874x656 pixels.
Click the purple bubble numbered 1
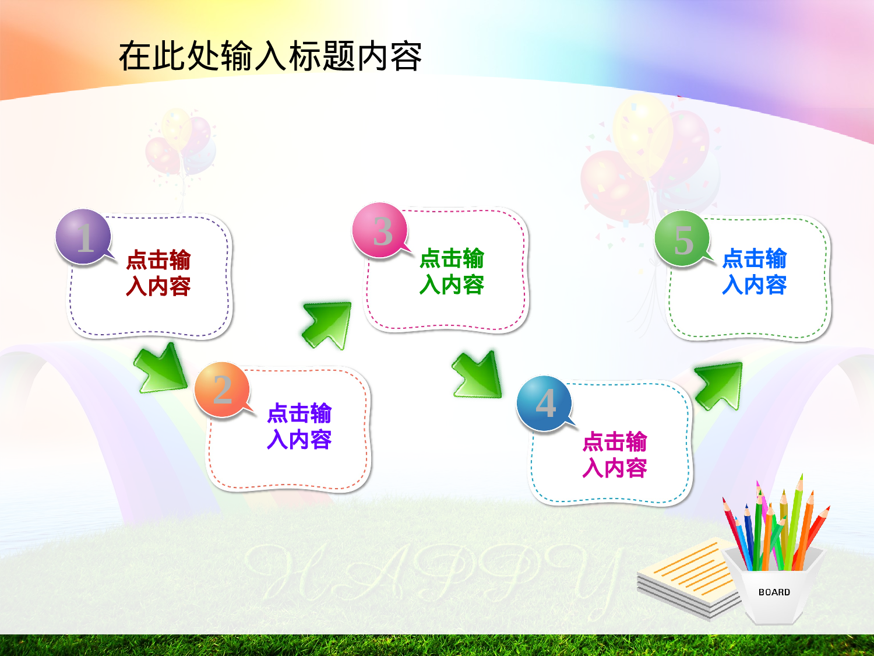pyautogui.click(x=83, y=236)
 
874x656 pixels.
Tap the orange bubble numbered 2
pyautogui.click(x=222, y=389)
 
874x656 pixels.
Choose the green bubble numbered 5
pyautogui.click(x=682, y=238)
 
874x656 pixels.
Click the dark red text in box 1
pyautogui.click(x=158, y=273)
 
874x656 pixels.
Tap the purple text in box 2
pyautogui.click(x=299, y=426)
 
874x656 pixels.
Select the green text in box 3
pyautogui.click(x=452, y=271)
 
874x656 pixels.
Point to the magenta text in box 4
pyautogui.click(x=615, y=454)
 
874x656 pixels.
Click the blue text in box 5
pyautogui.click(x=755, y=271)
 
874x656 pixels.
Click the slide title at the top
pyautogui.click(x=270, y=57)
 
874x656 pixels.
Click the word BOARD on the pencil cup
pyautogui.click(x=774, y=592)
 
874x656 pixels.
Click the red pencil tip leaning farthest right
pyautogui.click(x=824, y=511)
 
